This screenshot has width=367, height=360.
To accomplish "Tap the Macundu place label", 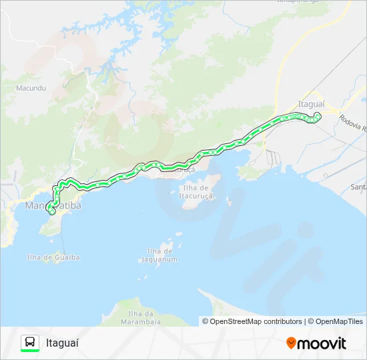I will (30, 87).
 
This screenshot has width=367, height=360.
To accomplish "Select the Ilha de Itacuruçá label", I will (196, 192).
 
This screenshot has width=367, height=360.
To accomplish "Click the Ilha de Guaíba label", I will (53, 257).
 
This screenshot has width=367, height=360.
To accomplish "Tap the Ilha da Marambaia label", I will (140, 317).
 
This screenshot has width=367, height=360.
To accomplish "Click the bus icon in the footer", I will (30, 342).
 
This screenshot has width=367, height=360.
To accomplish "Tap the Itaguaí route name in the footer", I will (62, 343).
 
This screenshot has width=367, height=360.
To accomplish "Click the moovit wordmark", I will (322, 343).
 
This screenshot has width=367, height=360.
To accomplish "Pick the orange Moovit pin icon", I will (291, 343).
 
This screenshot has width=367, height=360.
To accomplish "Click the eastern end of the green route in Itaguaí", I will (318, 117).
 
